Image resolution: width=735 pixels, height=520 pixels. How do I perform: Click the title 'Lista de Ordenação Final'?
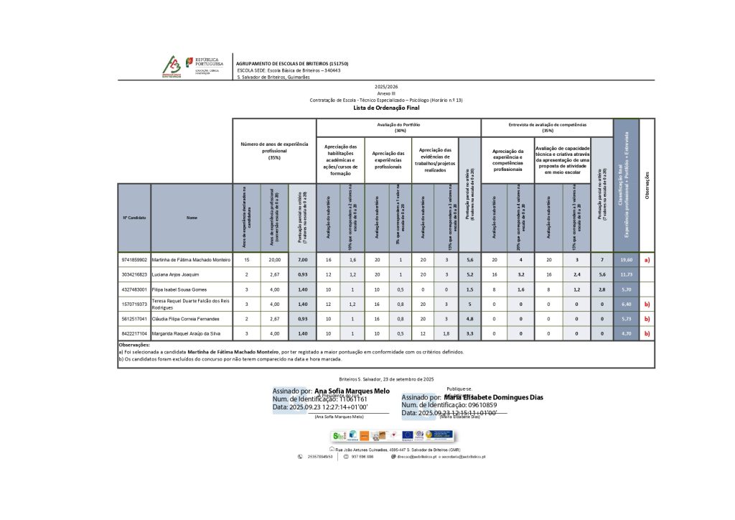pos(385,108)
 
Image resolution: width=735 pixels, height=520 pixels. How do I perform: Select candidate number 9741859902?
pos(134,259)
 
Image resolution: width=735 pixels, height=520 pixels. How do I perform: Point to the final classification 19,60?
pos(626,259)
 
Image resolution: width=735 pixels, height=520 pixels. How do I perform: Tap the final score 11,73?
pos(626,274)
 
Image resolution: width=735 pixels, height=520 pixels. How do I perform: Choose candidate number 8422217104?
pos(134,333)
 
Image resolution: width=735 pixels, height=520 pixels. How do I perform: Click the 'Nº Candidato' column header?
pos(134,217)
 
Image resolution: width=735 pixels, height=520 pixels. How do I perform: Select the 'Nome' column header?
pos(192,217)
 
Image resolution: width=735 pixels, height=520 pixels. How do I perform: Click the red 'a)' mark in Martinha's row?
pos(647,259)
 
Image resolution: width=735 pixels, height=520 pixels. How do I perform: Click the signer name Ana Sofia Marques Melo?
pos(352,391)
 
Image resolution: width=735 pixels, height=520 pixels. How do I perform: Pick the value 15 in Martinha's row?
pos(246,259)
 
